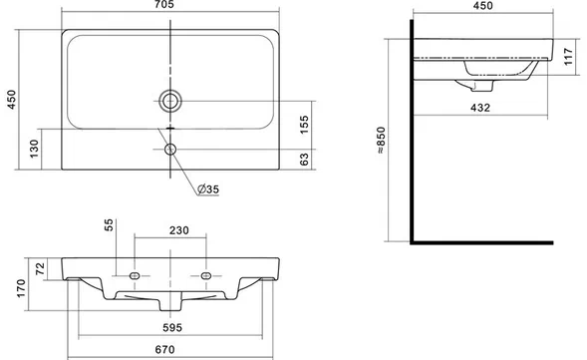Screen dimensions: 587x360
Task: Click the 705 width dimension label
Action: point(164,5)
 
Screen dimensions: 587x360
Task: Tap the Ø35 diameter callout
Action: point(207,189)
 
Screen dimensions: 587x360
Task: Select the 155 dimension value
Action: point(304,125)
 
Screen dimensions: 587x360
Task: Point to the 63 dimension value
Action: point(304,160)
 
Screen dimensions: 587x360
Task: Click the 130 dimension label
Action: point(34,149)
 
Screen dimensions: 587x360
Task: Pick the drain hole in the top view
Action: point(170,101)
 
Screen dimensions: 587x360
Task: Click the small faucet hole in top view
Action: point(170,150)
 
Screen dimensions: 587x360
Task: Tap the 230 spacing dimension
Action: point(179,230)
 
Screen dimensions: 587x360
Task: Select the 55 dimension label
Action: point(109,224)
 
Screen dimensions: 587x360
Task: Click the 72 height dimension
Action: point(40,268)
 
